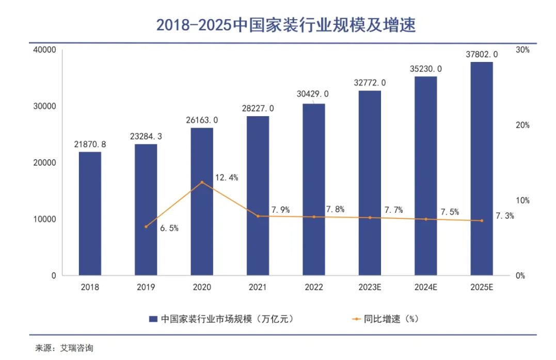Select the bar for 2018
point(90,213)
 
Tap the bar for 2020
point(202,201)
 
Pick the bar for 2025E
point(481,168)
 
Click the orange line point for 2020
point(202,182)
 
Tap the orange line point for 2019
point(146,226)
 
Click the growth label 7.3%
point(504,216)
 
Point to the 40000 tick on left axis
point(44,50)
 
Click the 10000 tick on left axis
point(44,220)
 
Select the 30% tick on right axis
point(522,50)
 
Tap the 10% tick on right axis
point(522,200)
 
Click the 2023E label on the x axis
point(370,288)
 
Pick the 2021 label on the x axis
point(258,288)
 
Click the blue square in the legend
point(153,319)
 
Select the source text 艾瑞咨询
point(75,348)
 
